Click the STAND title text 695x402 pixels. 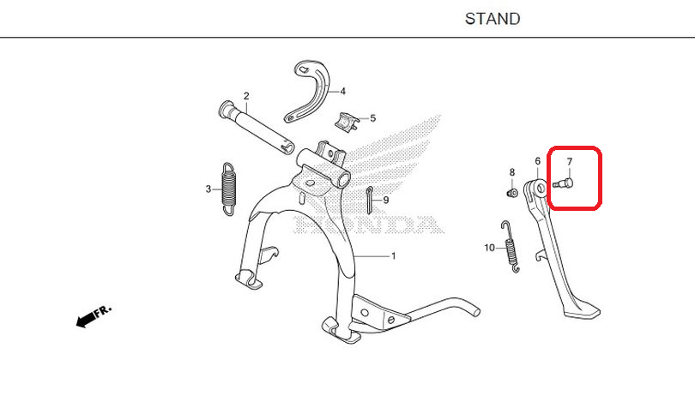(x=493, y=19)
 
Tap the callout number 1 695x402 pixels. (x=393, y=256)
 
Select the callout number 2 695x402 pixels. (x=246, y=96)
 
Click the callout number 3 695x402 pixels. (x=208, y=189)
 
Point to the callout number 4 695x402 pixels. (x=343, y=92)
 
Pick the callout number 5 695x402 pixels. (x=372, y=118)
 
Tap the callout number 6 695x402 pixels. (x=538, y=161)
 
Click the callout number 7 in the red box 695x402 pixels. (x=570, y=162)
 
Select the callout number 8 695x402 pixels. (x=512, y=172)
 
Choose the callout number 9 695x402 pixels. (x=386, y=200)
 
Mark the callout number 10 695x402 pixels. (x=489, y=248)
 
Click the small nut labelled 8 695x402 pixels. (x=512, y=193)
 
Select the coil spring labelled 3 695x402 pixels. (x=229, y=189)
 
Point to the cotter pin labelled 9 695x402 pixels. (x=369, y=200)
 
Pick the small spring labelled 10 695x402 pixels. (x=510, y=247)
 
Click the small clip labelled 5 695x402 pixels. (x=346, y=122)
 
